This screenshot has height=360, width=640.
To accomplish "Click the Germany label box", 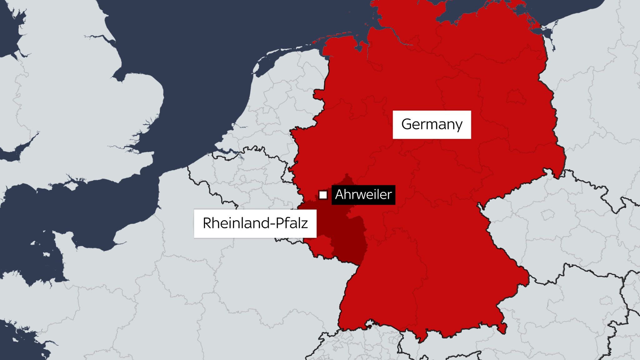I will (x=432, y=124).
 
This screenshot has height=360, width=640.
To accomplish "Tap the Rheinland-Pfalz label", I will (x=255, y=223).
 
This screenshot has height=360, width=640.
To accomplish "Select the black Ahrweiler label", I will (x=363, y=195).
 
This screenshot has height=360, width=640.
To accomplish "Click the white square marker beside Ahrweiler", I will (x=323, y=195).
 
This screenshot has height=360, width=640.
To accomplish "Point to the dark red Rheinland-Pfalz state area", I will (x=347, y=241).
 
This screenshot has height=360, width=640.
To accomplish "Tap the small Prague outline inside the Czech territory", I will (x=547, y=215).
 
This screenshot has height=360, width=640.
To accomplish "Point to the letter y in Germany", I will (x=458, y=126).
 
